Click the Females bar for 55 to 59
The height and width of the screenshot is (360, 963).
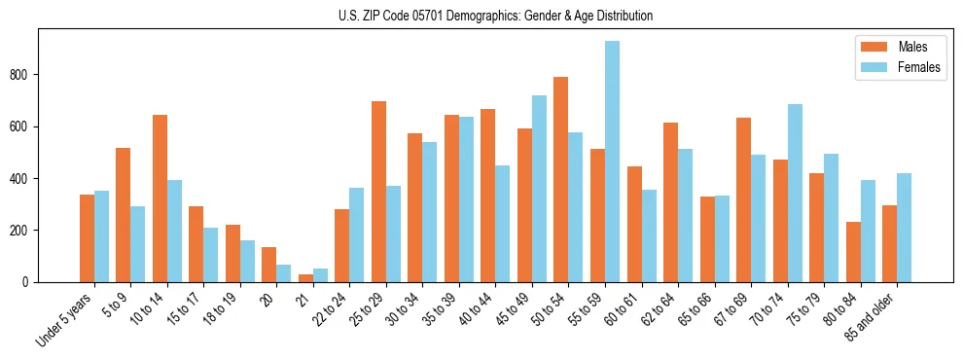click(x=612, y=162)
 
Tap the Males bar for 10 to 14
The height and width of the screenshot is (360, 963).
click(x=160, y=198)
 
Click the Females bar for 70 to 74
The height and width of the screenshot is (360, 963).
click(x=795, y=194)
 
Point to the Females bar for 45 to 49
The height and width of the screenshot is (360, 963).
click(x=539, y=189)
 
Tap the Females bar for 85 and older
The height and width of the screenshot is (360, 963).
click(x=904, y=228)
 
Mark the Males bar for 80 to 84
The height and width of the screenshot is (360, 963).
click(x=853, y=252)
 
